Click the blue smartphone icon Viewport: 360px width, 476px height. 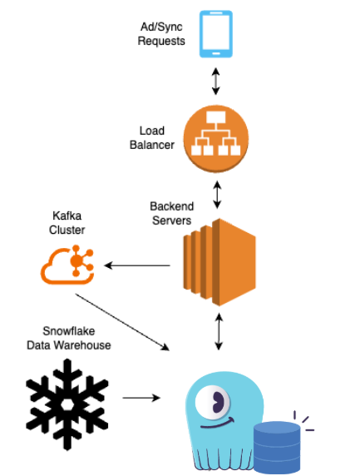[215, 34]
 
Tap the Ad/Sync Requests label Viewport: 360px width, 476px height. [161, 33]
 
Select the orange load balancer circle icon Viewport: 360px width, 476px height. [216, 139]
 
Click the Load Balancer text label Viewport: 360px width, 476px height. [152, 138]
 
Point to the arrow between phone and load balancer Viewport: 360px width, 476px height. [215, 81]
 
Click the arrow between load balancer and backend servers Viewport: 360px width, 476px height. [217, 195]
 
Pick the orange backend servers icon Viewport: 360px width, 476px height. [219, 262]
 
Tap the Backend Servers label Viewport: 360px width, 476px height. [171, 213]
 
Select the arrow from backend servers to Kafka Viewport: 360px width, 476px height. [137, 265]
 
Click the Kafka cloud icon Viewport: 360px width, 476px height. [67, 265]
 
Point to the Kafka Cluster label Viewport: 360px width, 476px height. [67, 223]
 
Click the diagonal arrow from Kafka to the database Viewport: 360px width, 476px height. [122, 322]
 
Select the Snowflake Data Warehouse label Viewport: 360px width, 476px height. [68, 338]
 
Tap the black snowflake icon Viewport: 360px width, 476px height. [67, 404]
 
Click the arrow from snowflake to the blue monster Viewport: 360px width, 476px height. [141, 398]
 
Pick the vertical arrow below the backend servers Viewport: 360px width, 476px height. [219, 332]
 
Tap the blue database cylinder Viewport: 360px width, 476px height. [277, 448]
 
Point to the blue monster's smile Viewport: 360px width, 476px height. [218, 424]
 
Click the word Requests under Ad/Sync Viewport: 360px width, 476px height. [161, 41]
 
